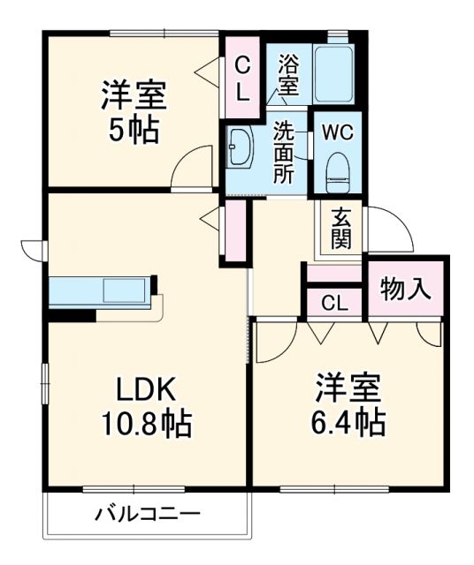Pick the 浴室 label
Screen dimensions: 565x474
(x=288, y=76)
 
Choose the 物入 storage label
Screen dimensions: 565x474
(x=405, y=288)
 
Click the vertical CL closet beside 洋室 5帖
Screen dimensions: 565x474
(x=241, y=78)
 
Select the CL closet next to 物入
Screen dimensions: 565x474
(x=333, y=303)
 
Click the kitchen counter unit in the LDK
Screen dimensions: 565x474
(x=101, y=291)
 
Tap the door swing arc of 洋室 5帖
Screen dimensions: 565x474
(x=191, y=168)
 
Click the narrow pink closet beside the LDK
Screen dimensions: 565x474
(x=235, y=232)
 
